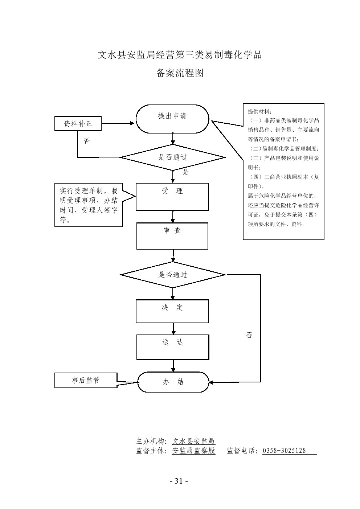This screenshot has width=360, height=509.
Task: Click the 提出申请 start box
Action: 172,119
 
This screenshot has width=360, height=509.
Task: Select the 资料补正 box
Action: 78,124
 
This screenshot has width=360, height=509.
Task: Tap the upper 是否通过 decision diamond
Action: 173,157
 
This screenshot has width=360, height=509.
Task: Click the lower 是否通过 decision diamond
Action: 173,275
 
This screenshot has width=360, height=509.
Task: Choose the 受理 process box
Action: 172,197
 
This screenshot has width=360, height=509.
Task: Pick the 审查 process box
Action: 172,236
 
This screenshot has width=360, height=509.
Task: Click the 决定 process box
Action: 172,311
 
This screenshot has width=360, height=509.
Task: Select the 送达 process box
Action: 173,347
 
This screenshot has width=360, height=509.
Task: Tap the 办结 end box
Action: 173,382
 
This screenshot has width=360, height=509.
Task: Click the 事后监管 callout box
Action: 86,380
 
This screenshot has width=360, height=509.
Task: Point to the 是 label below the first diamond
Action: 186,172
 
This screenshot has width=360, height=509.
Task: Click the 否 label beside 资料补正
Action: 87,141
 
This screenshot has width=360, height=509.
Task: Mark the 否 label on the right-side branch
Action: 249,335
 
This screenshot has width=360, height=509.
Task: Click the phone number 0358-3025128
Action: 284,451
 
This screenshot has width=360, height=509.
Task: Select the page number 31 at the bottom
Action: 179,481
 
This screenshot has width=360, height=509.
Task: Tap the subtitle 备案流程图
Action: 180,73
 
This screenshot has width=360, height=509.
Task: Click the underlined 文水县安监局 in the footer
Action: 194,442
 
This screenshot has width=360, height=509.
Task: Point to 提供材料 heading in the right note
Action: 259,111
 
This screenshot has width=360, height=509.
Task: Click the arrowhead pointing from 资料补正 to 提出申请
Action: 132,123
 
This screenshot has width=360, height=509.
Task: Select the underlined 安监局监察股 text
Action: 194,451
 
